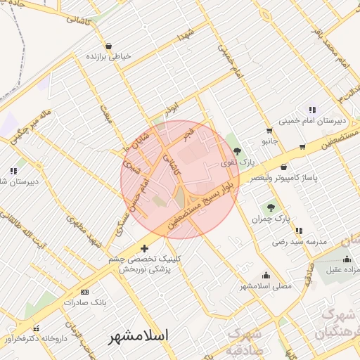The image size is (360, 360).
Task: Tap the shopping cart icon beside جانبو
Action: point(269,130)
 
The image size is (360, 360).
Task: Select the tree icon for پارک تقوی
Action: point(238,150)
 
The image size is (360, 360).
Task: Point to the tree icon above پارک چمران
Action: point(271,207)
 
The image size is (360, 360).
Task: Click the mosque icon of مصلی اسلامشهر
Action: point(266,275)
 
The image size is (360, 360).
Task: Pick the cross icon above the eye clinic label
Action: point(144,248)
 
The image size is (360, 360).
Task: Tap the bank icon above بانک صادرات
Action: point(85,292)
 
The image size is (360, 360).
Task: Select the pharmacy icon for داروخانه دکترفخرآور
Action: point(36,328)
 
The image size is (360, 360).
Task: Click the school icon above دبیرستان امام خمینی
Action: point(311,109)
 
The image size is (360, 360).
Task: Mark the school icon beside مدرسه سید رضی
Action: point(300,230)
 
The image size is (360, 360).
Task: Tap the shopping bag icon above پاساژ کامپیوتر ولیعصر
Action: point(283,167)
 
